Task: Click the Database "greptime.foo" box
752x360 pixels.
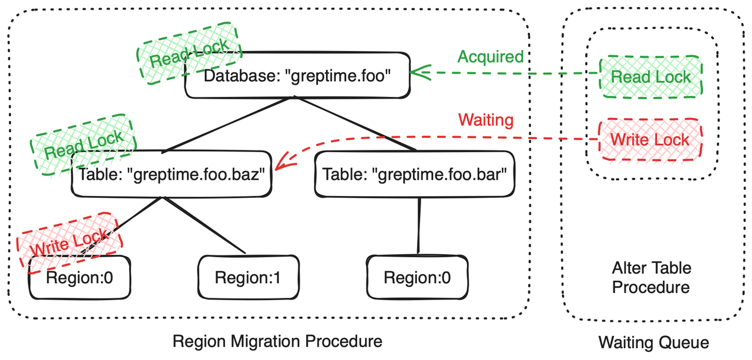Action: [x=297, y=77]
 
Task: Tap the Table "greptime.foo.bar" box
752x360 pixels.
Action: [x=415, y=174]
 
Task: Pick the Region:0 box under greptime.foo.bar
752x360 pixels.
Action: [x=418, y=277]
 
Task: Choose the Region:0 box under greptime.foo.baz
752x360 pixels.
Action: [x=79, y=277]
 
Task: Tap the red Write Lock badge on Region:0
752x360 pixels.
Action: [x=69, y=241]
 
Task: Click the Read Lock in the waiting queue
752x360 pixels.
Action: [x=650, y=77]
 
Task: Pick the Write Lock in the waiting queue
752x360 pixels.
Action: [x=650, y=139]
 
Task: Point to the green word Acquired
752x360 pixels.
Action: [x=490, y=56]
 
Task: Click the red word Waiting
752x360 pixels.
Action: [x=485, y=120]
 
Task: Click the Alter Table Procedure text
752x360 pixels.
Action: [x=651, y=278]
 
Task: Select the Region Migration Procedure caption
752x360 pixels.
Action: [x=277, y=341]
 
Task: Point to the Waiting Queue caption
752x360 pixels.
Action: [x=653, y=342]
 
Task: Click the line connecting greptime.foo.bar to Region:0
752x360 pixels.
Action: [x=418, y=226]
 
